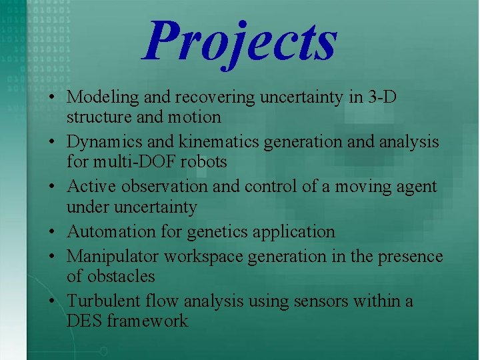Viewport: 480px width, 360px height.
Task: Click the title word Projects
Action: coord(240,41)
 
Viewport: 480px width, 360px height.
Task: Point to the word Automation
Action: coord(108,232)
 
